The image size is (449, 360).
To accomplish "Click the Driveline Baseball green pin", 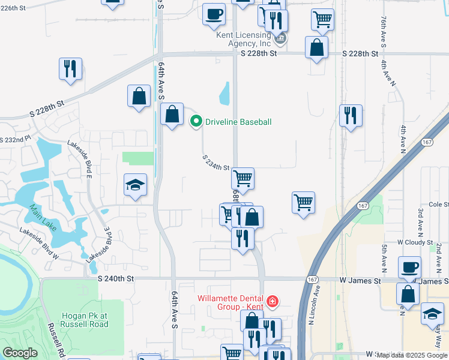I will (196, 122).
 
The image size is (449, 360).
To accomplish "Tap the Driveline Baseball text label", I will (238, 122).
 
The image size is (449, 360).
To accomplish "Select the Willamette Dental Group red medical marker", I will (273, 301).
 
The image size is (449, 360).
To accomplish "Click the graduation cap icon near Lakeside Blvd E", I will (136, 186).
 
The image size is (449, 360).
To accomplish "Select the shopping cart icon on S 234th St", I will (243, 178).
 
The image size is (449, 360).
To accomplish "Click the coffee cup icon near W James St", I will (409, 268).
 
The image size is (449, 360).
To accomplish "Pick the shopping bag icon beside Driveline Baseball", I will (172, 114).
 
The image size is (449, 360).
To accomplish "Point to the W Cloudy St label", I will (415, 242).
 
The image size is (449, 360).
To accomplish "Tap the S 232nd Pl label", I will (14, 139).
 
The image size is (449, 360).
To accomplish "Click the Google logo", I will (20, 353).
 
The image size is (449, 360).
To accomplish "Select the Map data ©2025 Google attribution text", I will (412, 355).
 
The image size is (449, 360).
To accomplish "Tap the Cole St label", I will (439, 204).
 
